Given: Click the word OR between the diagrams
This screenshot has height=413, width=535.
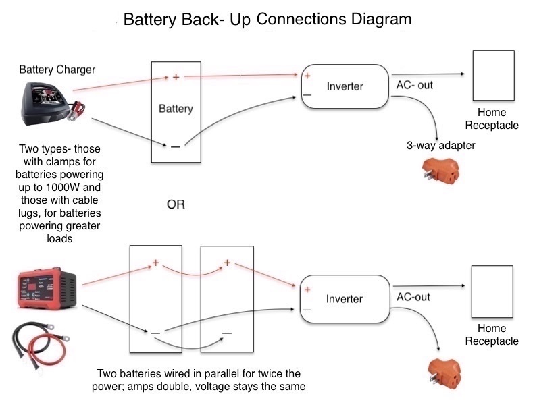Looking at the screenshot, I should pyautogui.click(x=176, y=204).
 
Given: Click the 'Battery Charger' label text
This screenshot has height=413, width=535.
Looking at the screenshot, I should pyautogui.click(x=57, y=70).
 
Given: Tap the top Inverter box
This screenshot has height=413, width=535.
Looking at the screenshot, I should pyautogui.click(x=345, y=86).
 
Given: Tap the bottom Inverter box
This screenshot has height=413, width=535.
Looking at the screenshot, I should pyautogui.click(x=345, y=299).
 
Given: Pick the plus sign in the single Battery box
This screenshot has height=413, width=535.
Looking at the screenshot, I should pyautogui.click(x=176, y=77).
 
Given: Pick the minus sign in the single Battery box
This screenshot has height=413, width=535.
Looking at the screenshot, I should pyautogui.click(x=176, y=146).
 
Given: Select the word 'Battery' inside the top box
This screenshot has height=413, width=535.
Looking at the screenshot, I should pyautogui.click(x=176, y=109).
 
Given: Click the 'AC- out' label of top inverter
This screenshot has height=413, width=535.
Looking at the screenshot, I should pyautogui.click(x=415, y=86).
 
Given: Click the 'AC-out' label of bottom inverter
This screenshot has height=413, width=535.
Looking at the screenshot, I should pyautogui.click(x=413, y=297).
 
